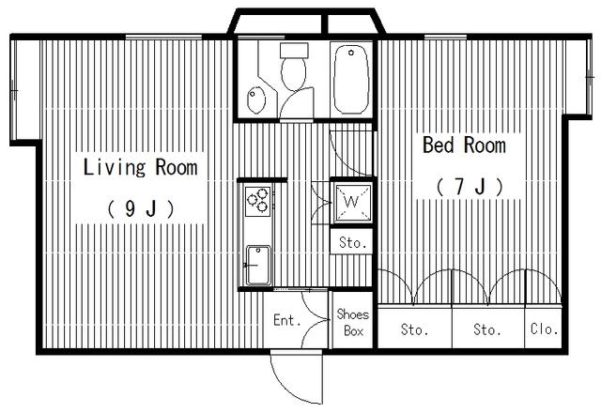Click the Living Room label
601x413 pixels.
click(140, 167)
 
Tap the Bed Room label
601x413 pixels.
click(464, 145)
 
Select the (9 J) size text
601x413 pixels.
click(141, 208)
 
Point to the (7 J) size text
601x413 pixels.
click(470, 187)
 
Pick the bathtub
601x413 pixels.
click(351, 80)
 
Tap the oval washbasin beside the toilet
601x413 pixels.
click(256, 99)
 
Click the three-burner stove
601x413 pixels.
click(258, 200)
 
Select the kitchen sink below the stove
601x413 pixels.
click(258, 265)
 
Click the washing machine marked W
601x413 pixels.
click(352, 202)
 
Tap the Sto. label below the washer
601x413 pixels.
click(353, 242)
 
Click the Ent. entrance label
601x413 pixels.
click(286, 320)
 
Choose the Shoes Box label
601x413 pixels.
click(353, 322)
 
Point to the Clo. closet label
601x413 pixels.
click(545, 329)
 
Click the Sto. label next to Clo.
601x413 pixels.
click(486, 329)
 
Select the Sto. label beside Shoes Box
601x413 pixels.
click(415, 329)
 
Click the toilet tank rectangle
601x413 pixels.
click(294, 50)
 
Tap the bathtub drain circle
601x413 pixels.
click(350, 53)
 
